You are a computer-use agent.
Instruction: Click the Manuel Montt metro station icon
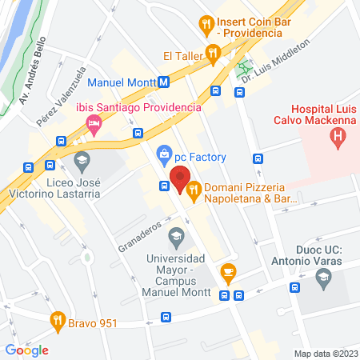point(163,82)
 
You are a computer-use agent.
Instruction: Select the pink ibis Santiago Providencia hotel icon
point(94,124)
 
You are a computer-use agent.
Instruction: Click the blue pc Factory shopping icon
point(164,152)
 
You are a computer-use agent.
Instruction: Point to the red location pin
point(180,176)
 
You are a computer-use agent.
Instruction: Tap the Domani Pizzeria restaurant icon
point(194,188)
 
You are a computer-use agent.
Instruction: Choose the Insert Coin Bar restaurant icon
point(207,24)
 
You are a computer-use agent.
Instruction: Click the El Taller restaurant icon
point(212,54)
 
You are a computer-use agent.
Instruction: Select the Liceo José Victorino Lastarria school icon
point(81,163)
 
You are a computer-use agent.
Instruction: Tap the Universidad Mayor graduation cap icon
point(175,237)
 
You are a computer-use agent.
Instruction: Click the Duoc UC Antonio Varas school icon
point(324,279)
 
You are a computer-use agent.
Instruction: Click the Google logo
point(26,350)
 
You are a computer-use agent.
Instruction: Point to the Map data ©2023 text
point(325,354)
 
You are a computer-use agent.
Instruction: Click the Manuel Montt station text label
point(120,82)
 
